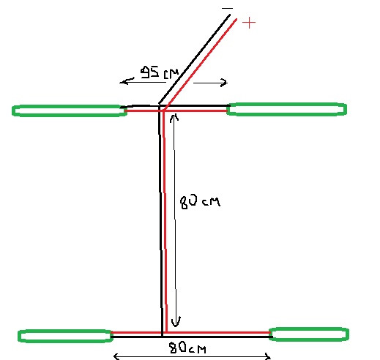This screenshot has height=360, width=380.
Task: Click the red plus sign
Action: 249,23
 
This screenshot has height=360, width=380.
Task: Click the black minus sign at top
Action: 227,9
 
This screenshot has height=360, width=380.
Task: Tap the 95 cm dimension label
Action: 160,72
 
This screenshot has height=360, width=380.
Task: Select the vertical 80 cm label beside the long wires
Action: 200,202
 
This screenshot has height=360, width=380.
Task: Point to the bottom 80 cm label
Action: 187,348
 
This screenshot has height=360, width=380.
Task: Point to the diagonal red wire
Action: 200,64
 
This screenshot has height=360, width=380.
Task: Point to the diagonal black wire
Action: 194,59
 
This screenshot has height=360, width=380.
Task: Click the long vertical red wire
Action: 164,221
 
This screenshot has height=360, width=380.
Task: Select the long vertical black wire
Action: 160,221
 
